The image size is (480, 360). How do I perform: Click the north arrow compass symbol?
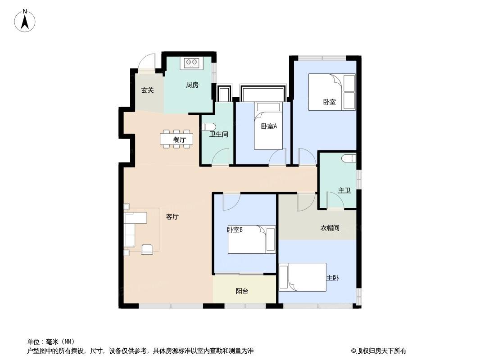[x=25, y=21]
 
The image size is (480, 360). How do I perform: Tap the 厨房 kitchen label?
[x=192, y=85]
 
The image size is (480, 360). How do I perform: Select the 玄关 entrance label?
[x=148, y=90]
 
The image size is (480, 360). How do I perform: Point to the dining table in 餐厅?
[x=177, y=139]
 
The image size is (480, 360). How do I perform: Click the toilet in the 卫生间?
[x=210, y=126]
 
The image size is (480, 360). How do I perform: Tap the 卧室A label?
[x=269, y=126]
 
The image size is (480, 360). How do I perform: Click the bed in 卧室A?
[x=268, y=126]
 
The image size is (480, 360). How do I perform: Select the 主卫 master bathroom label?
[x=344, y=190]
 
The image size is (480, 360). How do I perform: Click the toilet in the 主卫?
[x=349, y=158]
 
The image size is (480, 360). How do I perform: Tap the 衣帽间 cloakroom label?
[x=330, y=228]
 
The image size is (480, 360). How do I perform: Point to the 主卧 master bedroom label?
[x=332, y=278]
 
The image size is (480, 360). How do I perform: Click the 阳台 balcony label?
[x=242, y=291]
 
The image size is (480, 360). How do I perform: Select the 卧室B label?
[x=235, y=229]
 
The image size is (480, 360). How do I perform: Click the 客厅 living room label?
[x=172, y=217]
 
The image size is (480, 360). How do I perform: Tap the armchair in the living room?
[x=147, y=249]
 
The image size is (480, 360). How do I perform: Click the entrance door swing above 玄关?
[x=146, y=63]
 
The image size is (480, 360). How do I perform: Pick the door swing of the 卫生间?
[x=220, y=157]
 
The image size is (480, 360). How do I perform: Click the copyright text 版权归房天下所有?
[x=382, y=351]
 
